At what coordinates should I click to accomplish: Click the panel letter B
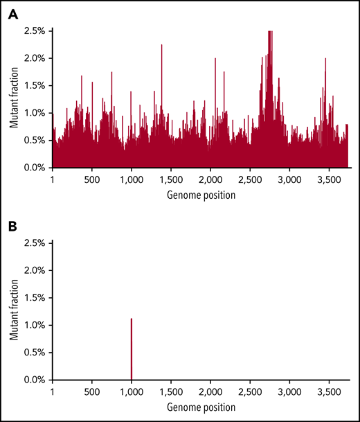13,226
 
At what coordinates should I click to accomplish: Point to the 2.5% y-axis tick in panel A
34,31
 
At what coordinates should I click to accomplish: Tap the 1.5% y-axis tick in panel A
34,86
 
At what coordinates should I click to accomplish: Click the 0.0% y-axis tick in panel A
34,168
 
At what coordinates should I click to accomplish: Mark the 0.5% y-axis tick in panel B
34,353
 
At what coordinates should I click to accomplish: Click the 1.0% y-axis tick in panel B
34,325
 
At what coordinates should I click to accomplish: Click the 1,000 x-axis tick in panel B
132,392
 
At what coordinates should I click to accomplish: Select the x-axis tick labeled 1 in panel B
53,392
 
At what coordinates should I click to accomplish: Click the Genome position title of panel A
201,195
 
